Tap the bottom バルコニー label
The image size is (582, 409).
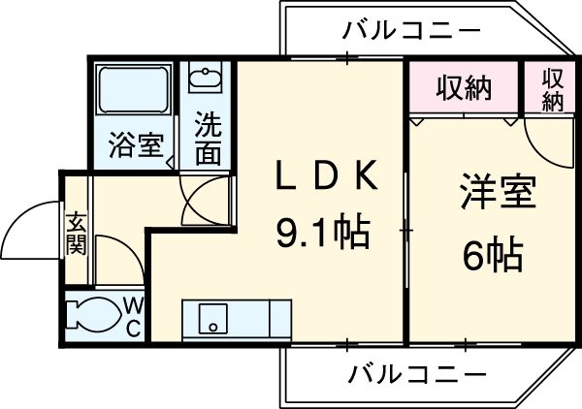(x=417, y=371)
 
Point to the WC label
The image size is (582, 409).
(x=134, y=317)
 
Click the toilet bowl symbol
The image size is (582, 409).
(x=93, y=316)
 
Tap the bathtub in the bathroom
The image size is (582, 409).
(x=136, y=93)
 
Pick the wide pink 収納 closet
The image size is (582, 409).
(x=463, y=87)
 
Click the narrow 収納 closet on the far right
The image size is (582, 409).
(x=553, y=88)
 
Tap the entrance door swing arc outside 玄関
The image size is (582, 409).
(x=31, y=230)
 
